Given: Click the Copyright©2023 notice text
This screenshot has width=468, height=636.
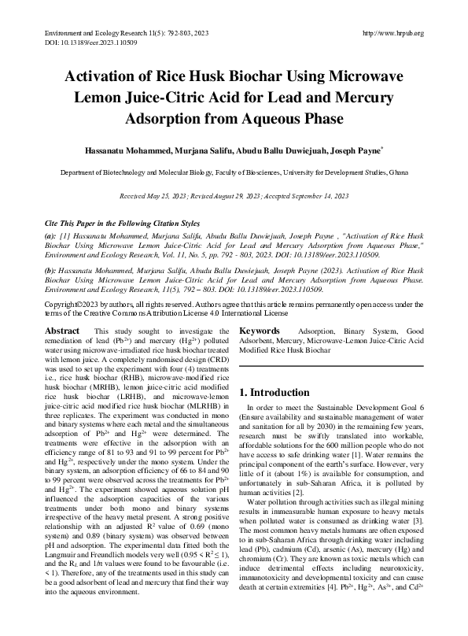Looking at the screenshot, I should [x=75, y=304].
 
